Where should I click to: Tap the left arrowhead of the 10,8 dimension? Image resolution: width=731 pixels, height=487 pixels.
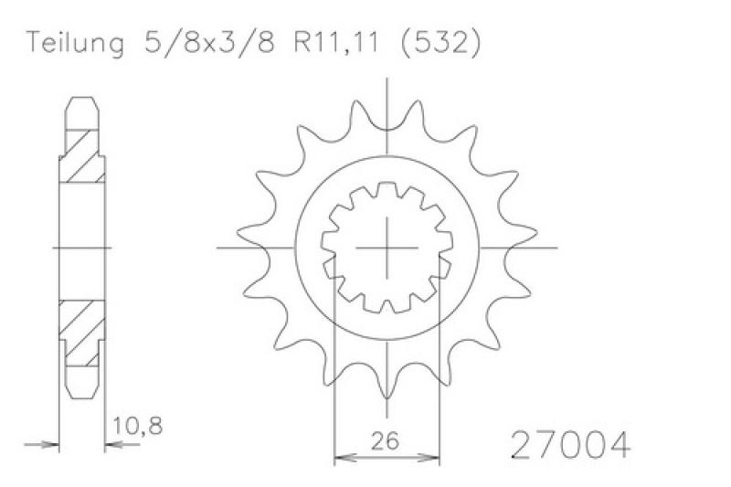(x=51, y=446)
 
